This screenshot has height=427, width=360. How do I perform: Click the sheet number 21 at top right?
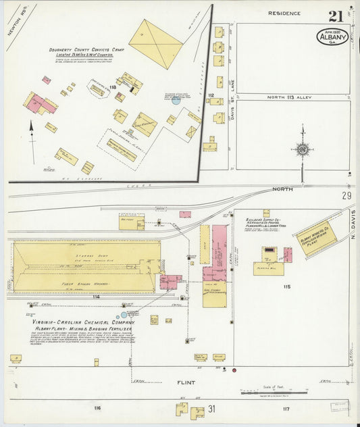(335, 17)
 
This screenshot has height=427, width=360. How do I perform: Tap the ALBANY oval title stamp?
(332, 36)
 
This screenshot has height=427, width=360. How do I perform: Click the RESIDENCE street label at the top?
(283, 13)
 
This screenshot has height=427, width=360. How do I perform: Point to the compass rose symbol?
(302, 149)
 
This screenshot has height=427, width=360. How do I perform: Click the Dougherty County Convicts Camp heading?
(84, 49)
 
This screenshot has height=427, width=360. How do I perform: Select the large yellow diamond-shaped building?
(156, 43)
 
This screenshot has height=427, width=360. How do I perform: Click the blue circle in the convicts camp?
(176, 101)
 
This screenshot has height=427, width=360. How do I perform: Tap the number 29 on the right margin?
(346, 196)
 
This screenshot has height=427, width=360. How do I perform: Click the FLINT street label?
(186, 383)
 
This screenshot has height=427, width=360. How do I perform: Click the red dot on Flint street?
(234, 370)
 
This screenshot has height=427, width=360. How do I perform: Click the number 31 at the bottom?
(211, 408)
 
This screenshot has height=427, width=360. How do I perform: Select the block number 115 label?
(287, 286)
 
